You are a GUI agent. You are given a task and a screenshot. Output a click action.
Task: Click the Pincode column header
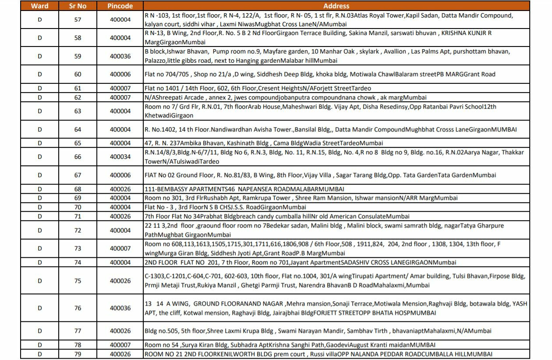(120, 6)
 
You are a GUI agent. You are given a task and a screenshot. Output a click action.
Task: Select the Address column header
(336, 6)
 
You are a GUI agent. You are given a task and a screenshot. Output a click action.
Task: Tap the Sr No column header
(78, 6)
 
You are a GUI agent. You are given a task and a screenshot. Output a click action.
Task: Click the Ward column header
(39, 6)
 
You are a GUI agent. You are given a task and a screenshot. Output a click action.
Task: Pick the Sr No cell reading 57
(78, 20)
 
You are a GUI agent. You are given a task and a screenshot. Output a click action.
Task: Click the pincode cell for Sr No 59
(120, 56)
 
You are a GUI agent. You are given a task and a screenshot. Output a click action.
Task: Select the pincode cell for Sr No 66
(120, 157)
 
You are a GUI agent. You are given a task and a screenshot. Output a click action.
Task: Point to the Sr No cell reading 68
(78, 189)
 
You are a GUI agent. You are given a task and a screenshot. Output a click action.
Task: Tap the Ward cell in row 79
(39, 354)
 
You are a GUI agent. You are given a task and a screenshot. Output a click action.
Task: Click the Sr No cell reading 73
(78, 248)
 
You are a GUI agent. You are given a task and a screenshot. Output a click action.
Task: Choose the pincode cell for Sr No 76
(120, 308)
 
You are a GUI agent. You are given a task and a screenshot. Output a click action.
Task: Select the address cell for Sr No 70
(336, 207)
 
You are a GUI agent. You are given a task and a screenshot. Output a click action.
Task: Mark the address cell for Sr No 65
(336, 143)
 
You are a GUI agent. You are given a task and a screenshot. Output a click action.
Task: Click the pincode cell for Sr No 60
(120, 74)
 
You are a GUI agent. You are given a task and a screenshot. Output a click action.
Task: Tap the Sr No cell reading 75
(78, 281)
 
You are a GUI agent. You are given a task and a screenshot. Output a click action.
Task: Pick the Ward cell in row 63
(39, 111)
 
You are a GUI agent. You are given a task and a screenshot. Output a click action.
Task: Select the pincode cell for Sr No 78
(120, 345)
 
